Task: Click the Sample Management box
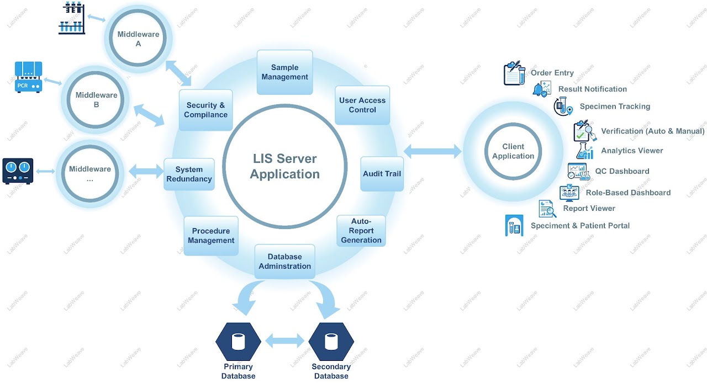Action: tap(285, 72)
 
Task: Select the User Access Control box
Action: tap(362, 105)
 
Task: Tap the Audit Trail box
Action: tap(382, 174)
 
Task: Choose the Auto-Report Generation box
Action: tap(361, 231)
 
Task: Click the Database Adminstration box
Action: tap(285, 261)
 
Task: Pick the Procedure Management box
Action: tap(211, 236)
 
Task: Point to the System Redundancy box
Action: tap(189, 174)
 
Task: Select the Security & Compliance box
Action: tap(205, 110)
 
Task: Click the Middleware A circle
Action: tap(138, 39)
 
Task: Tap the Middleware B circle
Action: tap(96, 99)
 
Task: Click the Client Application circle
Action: tap(513, 151)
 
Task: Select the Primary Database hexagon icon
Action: tap(238, 342)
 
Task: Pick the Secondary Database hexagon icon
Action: tap(331, 342)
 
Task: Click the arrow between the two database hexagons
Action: tap(284, 341)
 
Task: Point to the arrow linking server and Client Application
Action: tap(432, 151)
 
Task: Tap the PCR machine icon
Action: tap(28, 77)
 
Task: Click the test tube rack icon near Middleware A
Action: tap(72, 18)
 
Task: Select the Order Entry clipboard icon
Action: tap(514, 73)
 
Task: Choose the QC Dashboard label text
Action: tap(622, 171)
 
